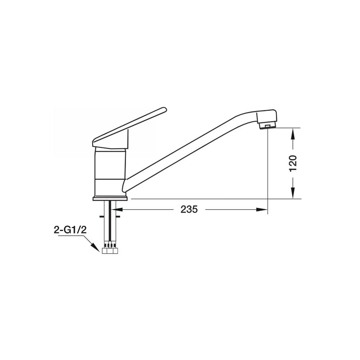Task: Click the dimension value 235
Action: tap(189, 210)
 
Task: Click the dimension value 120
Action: tap(293, 163)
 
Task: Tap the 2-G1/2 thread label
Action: tap(70, 230)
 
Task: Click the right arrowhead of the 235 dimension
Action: tap(262, 210)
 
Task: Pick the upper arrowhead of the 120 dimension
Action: tap(293, 134)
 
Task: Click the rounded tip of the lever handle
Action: tap(164, 109)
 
